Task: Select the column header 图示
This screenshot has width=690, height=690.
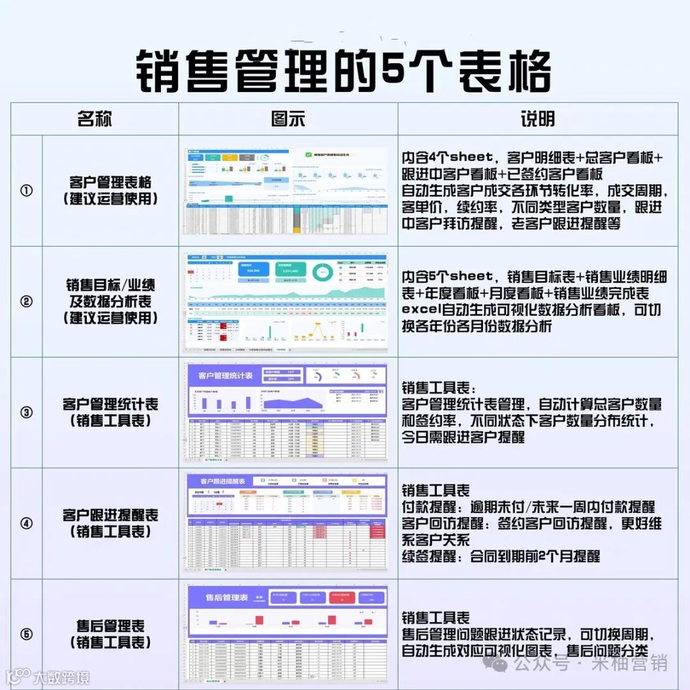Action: pyautogui.click(x=288, y=119)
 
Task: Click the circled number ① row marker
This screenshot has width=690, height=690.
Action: pyautogui.click(x=27, y=190)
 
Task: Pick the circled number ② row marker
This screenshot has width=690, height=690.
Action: pyautogui.click(x=27, y=302)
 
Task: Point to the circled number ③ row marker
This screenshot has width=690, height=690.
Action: pyautogui.click(x=27, y=413)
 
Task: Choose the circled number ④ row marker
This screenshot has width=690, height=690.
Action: pyautogui.click(x=27, y=524)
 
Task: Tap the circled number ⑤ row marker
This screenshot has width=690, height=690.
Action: pyautogui.click(x=27, y=634)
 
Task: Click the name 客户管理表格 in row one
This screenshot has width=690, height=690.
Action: pyautogui.click(x=110, y=182)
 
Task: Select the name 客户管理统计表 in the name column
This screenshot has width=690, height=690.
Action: pyautogui.click(x=110, y=404)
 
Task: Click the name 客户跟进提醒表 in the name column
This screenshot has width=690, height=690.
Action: pyautogui.click(x=110, y=516)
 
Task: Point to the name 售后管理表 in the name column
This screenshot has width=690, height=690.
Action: pyautogui.click(x=110, y=626)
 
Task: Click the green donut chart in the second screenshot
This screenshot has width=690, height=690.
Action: pyautogui.click(x=323, y=272)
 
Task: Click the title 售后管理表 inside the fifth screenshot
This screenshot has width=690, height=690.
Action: pyautogui.click(x=226, y=598)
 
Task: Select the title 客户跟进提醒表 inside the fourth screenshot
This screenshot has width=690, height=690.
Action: pyautogui.click(x=223, y=481)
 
